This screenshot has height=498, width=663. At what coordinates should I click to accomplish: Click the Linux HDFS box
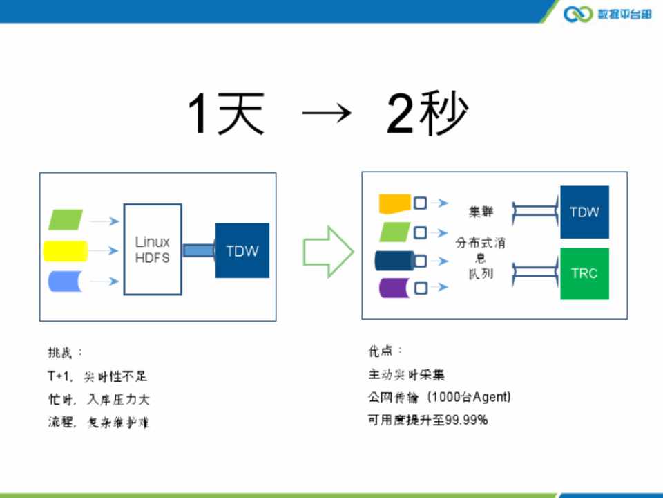(x=153, y=250)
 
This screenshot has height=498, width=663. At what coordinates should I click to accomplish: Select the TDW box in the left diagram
(x=242, y=250)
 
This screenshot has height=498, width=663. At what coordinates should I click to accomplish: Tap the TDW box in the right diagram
(x=584, y=212)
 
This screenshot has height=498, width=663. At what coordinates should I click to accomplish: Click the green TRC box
(x=584, y=273)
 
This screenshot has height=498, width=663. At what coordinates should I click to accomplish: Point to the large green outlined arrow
(x=327, y=250)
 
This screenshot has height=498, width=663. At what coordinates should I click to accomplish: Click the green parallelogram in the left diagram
(x=66, y=219)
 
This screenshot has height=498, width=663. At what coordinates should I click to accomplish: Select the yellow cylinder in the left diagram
(x=66, y=250)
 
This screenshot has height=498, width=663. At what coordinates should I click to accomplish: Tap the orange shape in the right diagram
(x=394, y=203)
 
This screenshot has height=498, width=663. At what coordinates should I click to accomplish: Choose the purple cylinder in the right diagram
(x=394, y=285)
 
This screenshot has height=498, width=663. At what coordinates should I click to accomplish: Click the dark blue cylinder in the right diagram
(x=394, y=260)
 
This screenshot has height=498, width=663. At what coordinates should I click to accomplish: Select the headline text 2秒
(x=427, y=114)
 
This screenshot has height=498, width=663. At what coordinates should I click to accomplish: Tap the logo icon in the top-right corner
(x=578, y=14)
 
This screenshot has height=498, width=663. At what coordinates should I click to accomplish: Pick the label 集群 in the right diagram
(x=481, y=212)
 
